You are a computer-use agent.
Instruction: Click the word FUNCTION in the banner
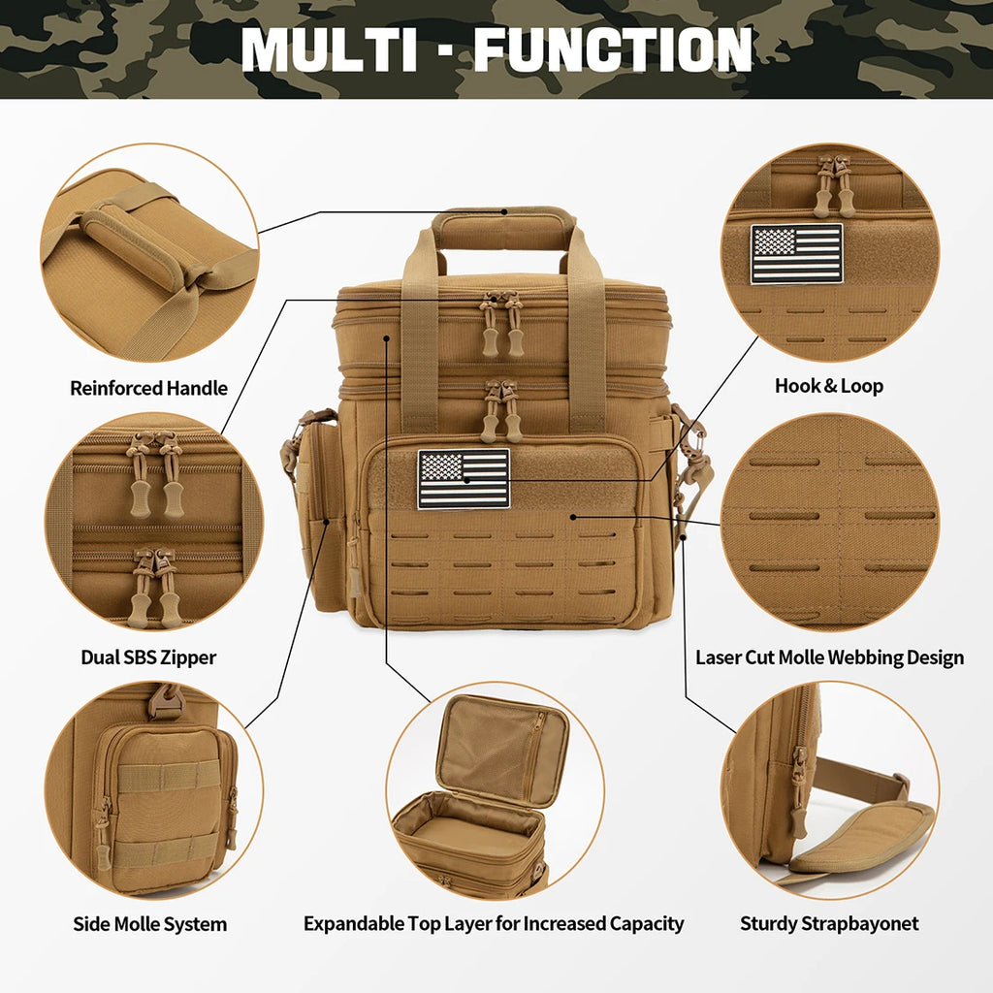[612, 48]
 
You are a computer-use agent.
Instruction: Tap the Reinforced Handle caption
[148, 389]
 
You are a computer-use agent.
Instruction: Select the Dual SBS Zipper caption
[148, 657]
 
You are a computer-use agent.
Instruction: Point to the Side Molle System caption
[150, 924]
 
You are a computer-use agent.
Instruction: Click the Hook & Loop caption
[829, 386]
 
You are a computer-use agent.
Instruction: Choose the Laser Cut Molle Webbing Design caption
[830, 657]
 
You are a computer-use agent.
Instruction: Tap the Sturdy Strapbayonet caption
[829, 924]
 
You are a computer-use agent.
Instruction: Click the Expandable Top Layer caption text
[494, 924]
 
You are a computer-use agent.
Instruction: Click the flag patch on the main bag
[464, 479]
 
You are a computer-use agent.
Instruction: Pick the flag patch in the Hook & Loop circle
[797, 254]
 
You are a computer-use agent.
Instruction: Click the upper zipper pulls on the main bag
[502, 324]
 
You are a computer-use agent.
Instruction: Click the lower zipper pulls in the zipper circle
[154, 587]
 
